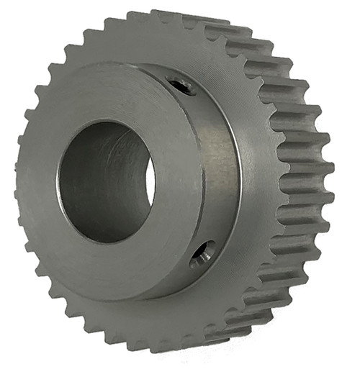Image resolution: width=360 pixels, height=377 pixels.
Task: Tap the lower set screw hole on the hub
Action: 203,253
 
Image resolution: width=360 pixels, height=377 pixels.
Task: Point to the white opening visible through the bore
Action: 150,180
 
